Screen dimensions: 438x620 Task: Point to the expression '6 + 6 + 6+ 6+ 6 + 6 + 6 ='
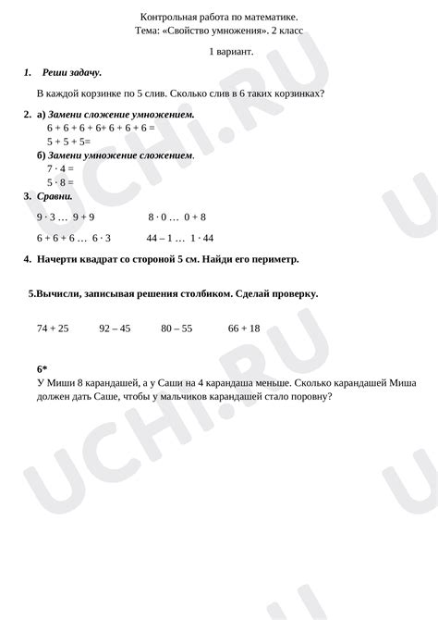(101, 127)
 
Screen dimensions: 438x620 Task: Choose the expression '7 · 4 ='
(61, 169)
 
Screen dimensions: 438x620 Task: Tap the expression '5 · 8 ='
(61, 183)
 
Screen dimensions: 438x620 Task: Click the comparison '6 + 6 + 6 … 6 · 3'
(74, 238)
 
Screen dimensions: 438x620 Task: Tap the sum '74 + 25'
(53, 329)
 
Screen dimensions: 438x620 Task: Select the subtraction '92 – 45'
(115, 329)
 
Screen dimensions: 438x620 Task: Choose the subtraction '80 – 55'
(176, 329)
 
